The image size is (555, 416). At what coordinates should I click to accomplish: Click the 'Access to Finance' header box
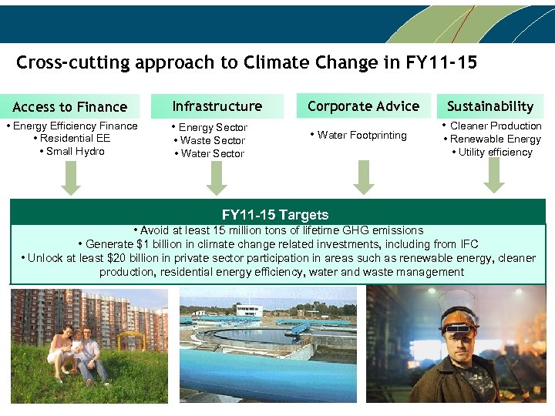pyautogui.click(x=69, y=106)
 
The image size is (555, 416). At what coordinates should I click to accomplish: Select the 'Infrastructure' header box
pyautogui.click(x=217, y=106)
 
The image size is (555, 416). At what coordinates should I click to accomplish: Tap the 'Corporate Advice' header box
pyautogui.click(x=363, y=106)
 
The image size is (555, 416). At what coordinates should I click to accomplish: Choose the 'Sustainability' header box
pyautogui.click(x=490, y=106)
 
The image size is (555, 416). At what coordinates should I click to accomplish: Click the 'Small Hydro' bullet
pyautogui.click(x=75, y=151)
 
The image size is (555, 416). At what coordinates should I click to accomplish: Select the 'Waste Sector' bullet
pyautogui.click(x=212, y=140)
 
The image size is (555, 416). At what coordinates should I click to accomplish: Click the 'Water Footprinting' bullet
pyautogui.click(x=362, y=135)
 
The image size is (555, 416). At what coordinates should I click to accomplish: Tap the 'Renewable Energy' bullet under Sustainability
pyautogui.click(x=495, y=139)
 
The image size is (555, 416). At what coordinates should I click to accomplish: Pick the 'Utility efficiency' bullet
pyautogui.click(x=495, y=152)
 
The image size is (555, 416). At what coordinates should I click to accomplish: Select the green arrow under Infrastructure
pyautogui.click(x=217, y=178)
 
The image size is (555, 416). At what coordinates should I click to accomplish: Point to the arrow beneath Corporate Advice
pyautogui.click(x=363, y=178)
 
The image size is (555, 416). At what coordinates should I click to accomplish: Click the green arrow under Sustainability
pyautogui.click(x=493, y=176)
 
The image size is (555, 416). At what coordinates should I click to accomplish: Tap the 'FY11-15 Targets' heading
pyautogui.click(x=275, y=215)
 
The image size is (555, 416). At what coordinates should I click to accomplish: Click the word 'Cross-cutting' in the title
pyautogui.click(x=73, y=62)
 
